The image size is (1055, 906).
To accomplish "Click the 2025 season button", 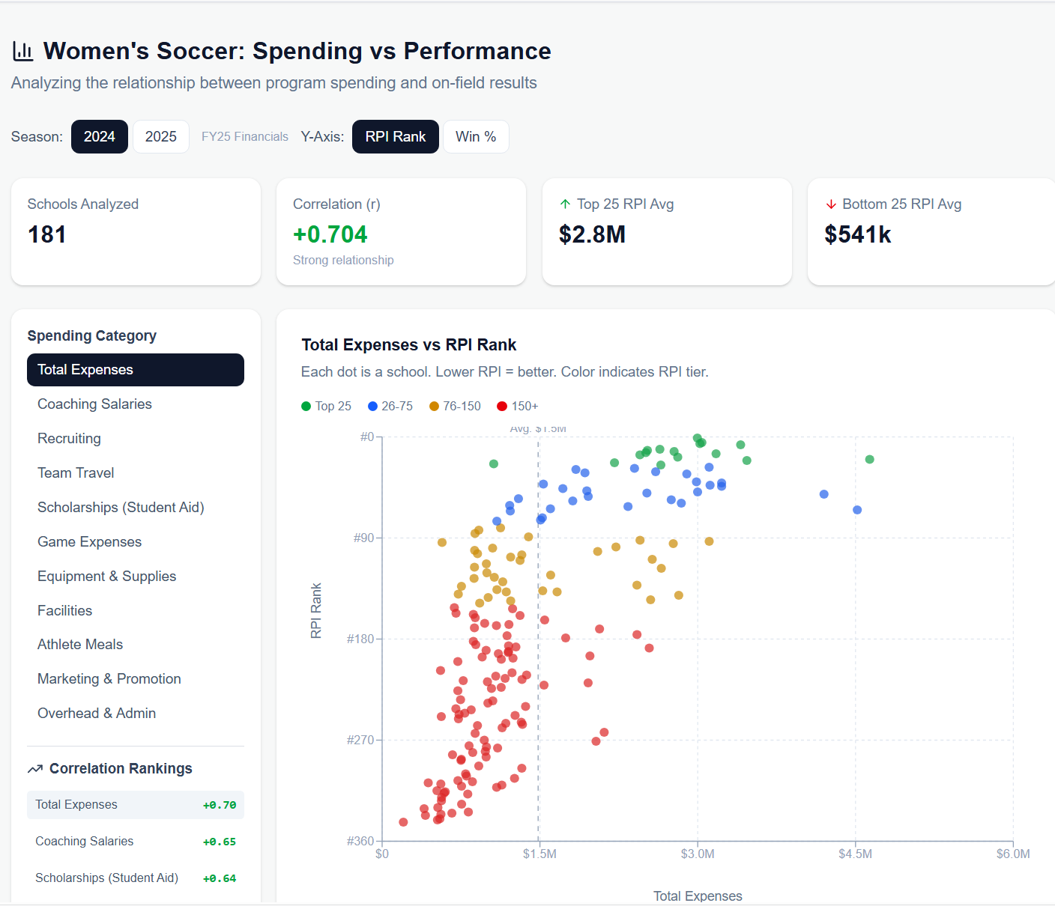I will (160, 136).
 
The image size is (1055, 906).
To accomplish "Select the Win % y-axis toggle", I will (476, 136).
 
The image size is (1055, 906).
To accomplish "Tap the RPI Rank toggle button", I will (395, 136).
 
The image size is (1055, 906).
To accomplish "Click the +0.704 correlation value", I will (330, 234).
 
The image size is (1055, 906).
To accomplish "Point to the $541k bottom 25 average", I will (857, 234).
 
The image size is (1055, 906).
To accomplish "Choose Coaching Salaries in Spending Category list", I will (94, 404).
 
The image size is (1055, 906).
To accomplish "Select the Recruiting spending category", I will (69, 439).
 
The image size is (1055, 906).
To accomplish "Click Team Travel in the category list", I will (76, 473).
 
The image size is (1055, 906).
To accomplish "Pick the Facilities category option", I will (65, 611).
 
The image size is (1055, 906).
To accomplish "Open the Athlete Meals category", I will (80, 645).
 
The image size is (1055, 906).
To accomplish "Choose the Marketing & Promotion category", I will (109, 679).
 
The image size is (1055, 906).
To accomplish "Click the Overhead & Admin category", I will (97, 714).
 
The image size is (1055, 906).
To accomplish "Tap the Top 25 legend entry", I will (326, 406).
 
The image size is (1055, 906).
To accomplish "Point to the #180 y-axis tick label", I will (360, 639).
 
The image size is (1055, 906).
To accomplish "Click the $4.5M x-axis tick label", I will (855, 854).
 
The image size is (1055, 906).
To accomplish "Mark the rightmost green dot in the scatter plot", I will (869, 459).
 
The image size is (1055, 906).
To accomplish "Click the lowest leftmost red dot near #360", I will (403, 822).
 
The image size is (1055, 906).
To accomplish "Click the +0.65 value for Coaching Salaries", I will (219, 842).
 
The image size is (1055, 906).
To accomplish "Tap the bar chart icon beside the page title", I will (23, 51).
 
